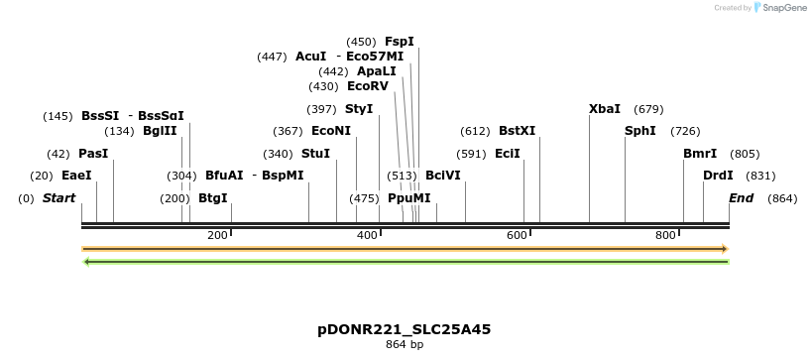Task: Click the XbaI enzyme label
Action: pyautogui.click(x=604, y=109)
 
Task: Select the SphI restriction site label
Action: pyautogui.click(x=639, y=131)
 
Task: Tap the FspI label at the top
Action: pyautogui.click(x=399, y=42)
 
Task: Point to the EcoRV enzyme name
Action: pyautogui.click(x=368, y=86)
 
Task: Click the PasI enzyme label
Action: pyautogui.click(x=93, y=154)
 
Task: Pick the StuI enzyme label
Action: pyautogui.click(x=315, y=154)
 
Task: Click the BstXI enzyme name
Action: pyautogui.click(x=517, y=131)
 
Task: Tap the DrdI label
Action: pyautogui.click(x=718, y=176)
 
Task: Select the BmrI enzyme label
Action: pyautogui.click(x=700, y=154)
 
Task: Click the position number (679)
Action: pyautogui.click(x=648, y=109)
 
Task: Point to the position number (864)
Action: pyautogui.click(x=782, y=198)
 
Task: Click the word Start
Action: pyautogui.click(x=58, y=198)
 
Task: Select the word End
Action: pyautogui.click(x=741, y=198)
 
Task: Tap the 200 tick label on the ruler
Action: pyautogui.click(x=217, y=235)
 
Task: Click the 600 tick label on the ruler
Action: pyautogui.click(x=517, y=235)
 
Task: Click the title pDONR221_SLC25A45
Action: pyautogui.click(x=405, y=329)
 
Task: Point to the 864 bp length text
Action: pyautogui.click(x=405, y=345)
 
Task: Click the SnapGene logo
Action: pyautogui.click(x=779, y=8)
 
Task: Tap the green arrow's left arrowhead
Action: pyautogui.click(x=87, y=262)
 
